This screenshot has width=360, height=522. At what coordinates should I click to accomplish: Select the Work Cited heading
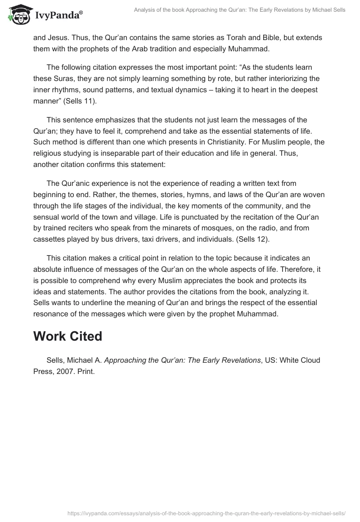pyautogui.click(x=67, y=337)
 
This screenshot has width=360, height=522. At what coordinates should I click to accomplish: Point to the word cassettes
pyautogui.click(x=49, y=239)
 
